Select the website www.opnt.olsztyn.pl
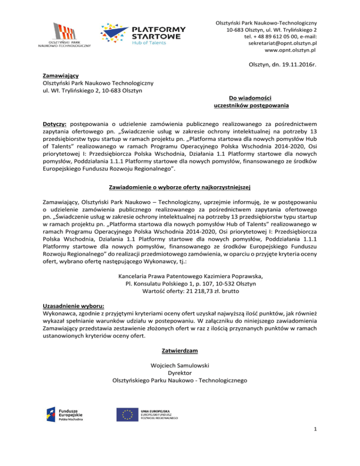(290, 50)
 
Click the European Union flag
(128, 413)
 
